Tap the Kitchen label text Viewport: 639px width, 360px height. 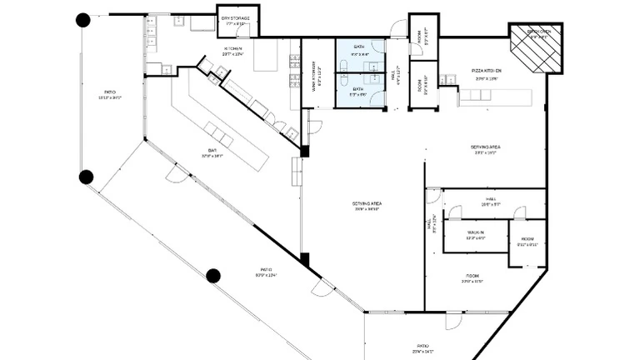232,52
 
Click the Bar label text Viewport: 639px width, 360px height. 212,152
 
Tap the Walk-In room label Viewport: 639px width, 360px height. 476,235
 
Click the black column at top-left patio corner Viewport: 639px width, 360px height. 83,20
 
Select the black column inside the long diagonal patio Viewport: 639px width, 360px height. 213,276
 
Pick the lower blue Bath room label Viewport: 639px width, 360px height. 359,91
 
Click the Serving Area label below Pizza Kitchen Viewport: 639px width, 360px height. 486,151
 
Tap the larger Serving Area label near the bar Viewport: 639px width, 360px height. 367,206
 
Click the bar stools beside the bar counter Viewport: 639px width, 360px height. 220,134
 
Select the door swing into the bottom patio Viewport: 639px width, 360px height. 453,322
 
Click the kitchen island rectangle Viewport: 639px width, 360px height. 266,57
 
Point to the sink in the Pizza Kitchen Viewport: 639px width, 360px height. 449,80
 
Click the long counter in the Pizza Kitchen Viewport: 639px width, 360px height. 496,97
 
